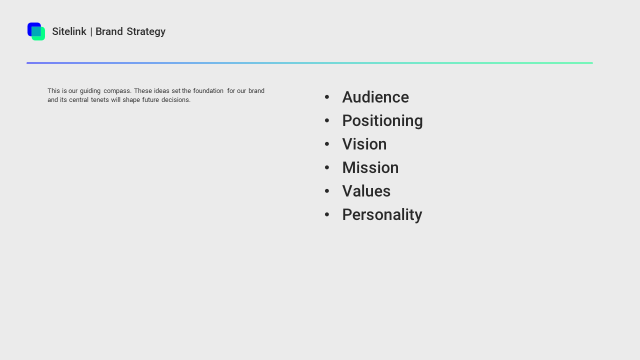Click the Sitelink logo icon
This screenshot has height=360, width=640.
pos(36,31)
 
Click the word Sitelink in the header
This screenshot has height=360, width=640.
pos(69,31)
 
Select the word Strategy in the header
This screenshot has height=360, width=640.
pos(146,31)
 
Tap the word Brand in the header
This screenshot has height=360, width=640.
pos(109,31)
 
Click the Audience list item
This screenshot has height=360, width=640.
pos(375,97)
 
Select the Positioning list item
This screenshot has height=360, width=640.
pos(382,120)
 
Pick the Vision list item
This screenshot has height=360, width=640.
pos(364,144)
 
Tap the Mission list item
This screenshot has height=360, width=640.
pos(370,167)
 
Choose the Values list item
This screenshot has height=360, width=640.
pos(366,191)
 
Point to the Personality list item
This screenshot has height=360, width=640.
pos(382,214)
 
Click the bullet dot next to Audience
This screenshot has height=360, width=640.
pos(327,97)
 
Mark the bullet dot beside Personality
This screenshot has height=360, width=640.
pos(327,214)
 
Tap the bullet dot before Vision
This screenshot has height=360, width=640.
pos(327,144)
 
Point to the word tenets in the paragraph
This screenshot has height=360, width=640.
pos(100,100)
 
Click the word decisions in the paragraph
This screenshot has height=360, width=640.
pos(176,100)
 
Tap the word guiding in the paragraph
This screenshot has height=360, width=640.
pos(90,91)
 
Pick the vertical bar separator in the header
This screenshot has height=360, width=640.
pos(91,32)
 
